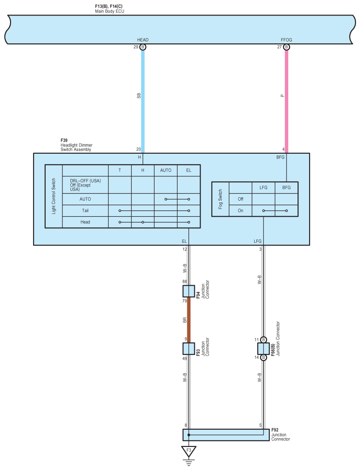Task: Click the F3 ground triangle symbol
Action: [x=189, y=451]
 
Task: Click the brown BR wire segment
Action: [x=189, y=320]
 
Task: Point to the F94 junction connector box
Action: [x=189, y=291]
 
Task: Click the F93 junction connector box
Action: [x=189, y=349]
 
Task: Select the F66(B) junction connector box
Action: [x=263, y=349]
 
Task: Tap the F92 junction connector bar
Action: [x=226, y=435]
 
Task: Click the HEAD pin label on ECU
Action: [x=143, y=40]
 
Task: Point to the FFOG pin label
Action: [x=286, y=40]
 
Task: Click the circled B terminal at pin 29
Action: [x=143, y=47]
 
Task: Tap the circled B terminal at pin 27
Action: [x=286, y=47]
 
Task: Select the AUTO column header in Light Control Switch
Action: [x=166, y=171]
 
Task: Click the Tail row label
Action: [x=85, y=210]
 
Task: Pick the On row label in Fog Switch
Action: [x=240, y=210]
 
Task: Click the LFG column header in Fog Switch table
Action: [x=263, y=188]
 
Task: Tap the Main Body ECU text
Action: [x=110, y=11]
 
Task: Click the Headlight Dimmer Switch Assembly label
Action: [x=76, y=147]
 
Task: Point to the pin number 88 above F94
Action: [x=185, y=281]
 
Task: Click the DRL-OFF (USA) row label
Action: [x=85, y=181]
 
